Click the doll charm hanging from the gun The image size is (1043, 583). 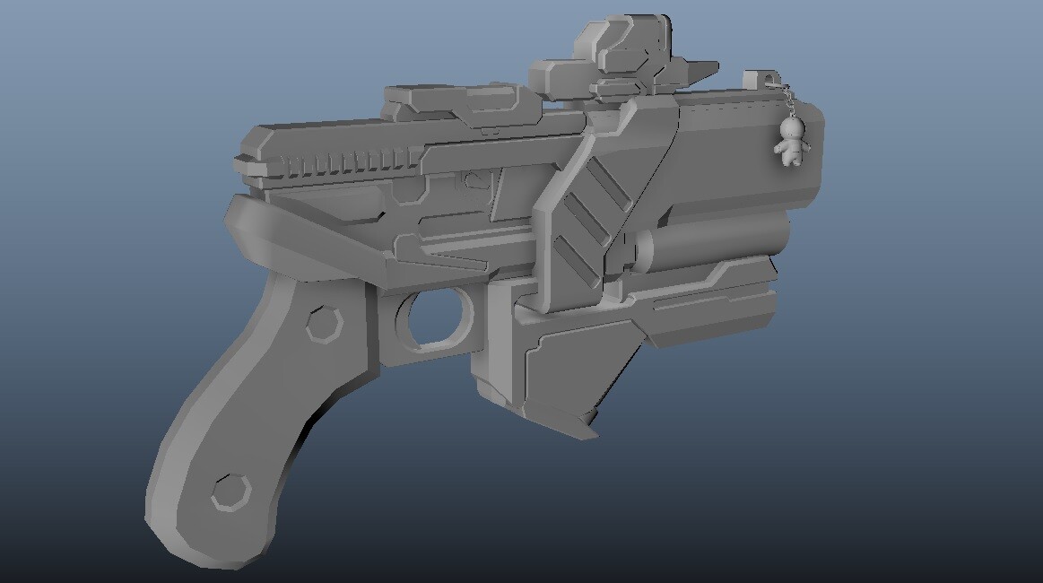coord(791,144)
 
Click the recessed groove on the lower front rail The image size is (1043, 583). coord(708,305)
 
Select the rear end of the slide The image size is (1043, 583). coord(247,157)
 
